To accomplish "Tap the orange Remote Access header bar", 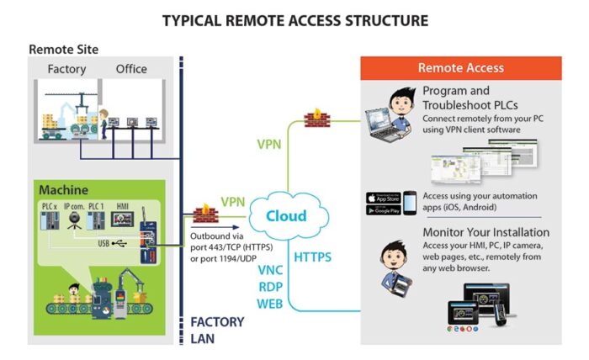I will click(460, 68).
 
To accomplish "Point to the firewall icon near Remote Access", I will click(318, 115).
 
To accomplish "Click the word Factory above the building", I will click(66, 69).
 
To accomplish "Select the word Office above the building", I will click(131, 69).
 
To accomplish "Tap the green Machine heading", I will click(64, 190).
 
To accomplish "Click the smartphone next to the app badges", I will click(409, 204).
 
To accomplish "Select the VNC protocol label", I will click(270, 270).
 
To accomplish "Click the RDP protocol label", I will click(270, 286).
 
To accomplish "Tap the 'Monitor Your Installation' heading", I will click(486, 232).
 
